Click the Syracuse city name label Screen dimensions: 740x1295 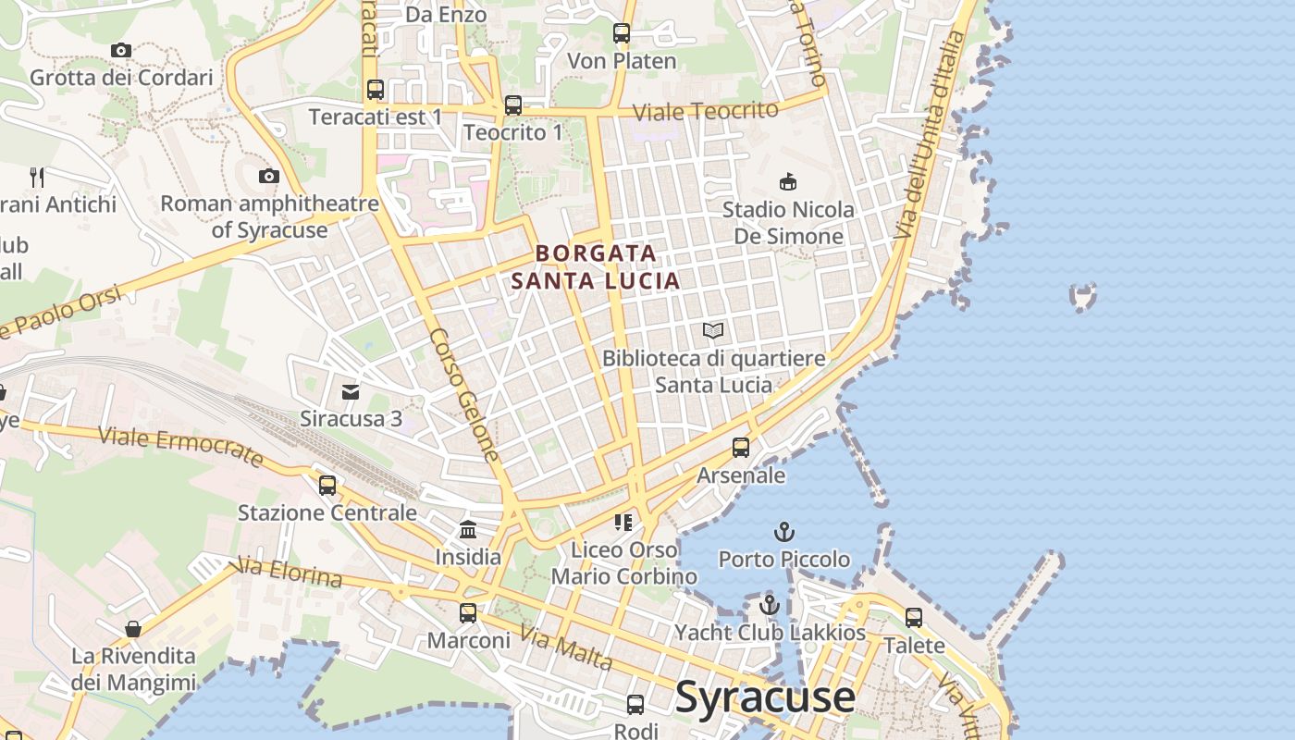765,697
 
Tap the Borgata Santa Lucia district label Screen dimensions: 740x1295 596,266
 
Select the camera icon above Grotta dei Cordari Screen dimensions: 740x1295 120,50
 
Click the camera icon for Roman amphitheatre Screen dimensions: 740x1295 269,176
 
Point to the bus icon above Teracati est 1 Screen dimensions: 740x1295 376,90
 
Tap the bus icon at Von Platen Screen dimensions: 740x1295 622,33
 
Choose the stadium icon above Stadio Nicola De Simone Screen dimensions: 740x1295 788,181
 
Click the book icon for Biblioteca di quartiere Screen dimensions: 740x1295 713,330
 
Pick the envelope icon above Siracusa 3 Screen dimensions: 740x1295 351,392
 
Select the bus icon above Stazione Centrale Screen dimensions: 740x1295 327,486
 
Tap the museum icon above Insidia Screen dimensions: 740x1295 468,530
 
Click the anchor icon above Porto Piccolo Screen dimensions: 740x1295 784,532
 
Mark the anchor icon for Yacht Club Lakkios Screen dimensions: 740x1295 770,606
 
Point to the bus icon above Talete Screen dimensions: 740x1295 914,618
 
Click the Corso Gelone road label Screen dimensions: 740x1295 464,395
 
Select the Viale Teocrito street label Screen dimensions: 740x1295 705,111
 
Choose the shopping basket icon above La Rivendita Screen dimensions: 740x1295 133,629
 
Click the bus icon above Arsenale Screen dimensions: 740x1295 741,448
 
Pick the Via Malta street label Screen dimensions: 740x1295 565,647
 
